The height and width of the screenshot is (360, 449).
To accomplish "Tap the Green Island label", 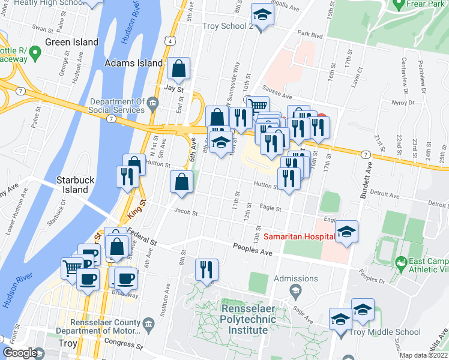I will coord(72,43).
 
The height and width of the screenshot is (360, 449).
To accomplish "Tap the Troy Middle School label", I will coord(393,332).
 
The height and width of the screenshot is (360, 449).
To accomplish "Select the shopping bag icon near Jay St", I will coord(179,70).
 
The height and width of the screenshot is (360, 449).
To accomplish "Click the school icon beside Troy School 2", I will coord(262,15).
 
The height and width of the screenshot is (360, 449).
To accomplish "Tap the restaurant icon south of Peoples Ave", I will coord(206,271).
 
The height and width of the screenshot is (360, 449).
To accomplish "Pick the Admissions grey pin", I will coord(295,291).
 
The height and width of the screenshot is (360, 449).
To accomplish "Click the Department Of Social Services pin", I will coord(152,106).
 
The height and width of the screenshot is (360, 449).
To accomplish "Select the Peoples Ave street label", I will coord(252,248).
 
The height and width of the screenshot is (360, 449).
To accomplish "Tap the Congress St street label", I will coord(126,346).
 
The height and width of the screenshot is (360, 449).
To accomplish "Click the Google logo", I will coord(20,353).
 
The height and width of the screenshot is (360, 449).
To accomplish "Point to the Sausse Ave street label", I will coord(279,96).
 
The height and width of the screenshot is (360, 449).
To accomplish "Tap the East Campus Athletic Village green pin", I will coord(400,262).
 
